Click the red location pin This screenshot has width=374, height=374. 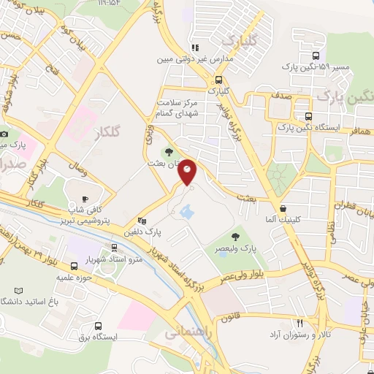(x=188, y=172)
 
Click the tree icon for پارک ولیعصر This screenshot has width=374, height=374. (x=234, y=236)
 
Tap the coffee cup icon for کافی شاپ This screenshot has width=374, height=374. (x=85, y=199)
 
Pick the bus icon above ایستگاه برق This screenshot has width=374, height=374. (x=99, y=326)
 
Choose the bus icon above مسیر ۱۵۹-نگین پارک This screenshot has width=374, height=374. (x=315, y=56)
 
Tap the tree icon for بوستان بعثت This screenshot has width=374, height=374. (x=169, y=152)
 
